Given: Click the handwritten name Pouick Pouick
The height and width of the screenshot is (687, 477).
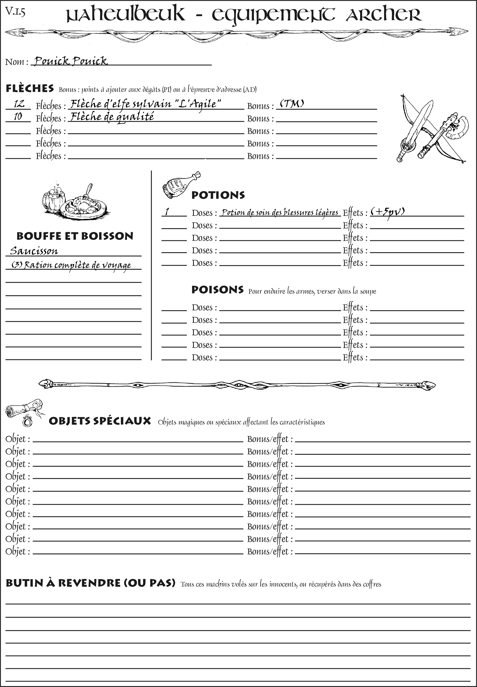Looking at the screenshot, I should tap(71, 61).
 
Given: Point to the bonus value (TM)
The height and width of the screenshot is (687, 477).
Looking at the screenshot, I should tap(292, 104).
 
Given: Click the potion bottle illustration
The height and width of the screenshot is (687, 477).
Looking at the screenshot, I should tap(180, 185).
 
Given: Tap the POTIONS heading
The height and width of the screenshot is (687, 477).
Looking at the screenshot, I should tap(218, 195).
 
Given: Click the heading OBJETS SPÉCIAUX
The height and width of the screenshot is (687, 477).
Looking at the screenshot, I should tap(100, 421).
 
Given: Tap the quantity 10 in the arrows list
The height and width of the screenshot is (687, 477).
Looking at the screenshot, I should tap(18, 117).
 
